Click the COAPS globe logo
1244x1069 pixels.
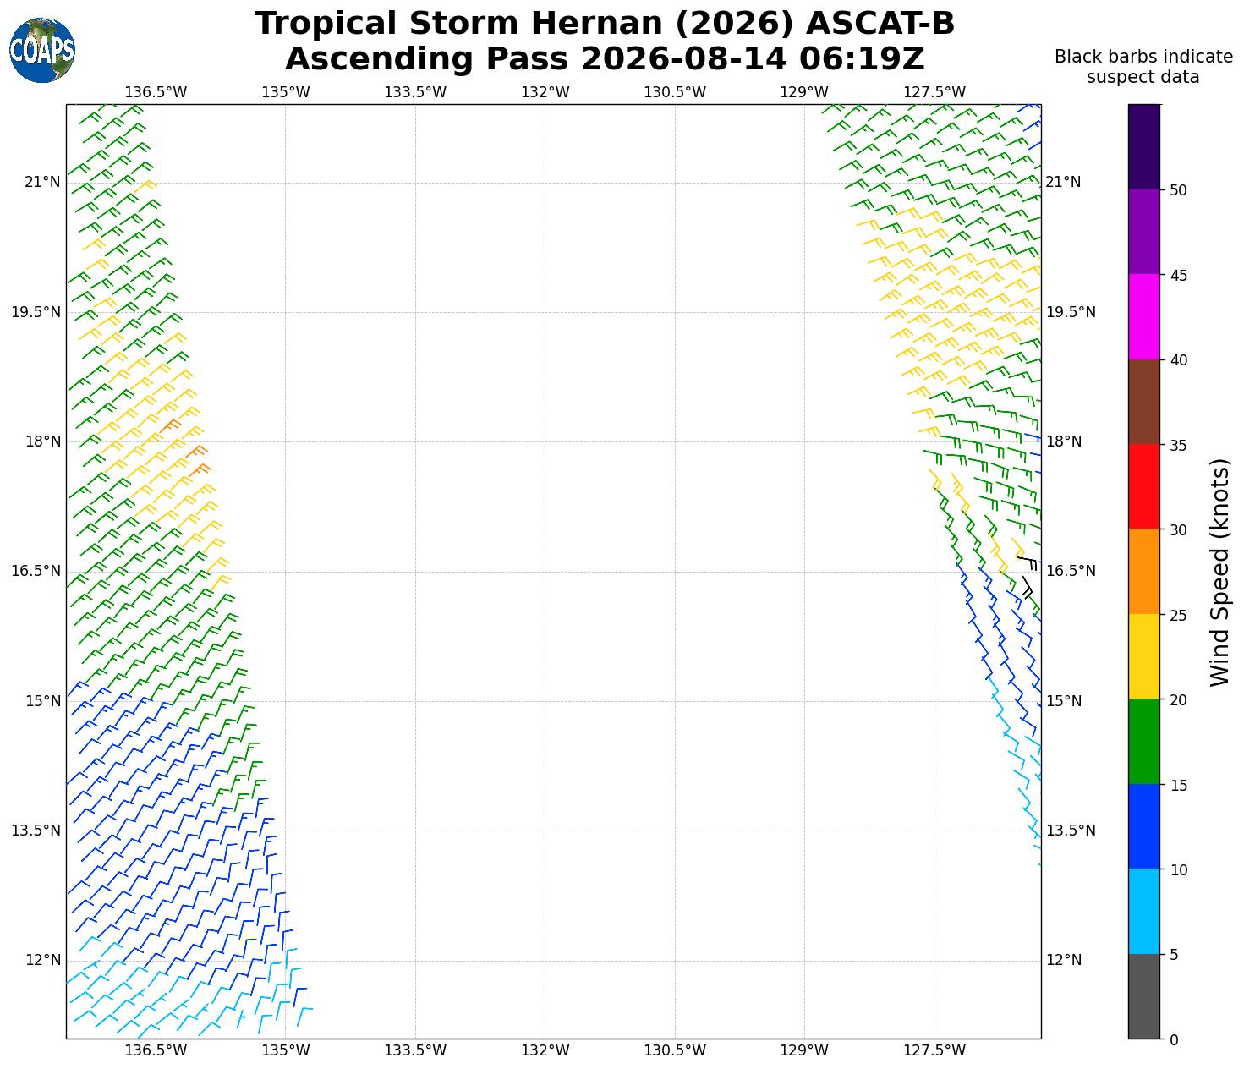pyautogui.click(x=42, y=50)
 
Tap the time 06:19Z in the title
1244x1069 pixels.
pyautogui.click(x=861, y=58)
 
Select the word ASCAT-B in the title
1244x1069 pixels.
pyautogui.click(x=880, y=24)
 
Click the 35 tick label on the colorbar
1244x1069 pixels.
pyautogui.click(x=1178, y=446)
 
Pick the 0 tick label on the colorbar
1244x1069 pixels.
pyautogui.click(x=1174, y=1039)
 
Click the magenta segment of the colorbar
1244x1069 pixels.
pyautogui.click(x=1143, y=316)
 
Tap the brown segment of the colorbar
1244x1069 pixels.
pyautogui.click(x=1143, y=402)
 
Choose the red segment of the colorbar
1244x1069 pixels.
pyautogui.click(x=1143, y=486)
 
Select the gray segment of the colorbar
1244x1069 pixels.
pyautogui.click(x=1143, y=996)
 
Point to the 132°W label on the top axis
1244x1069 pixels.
pyautogui.click(x=545, y=92)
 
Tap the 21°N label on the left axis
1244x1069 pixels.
pyautogui.click(x=42, y=182)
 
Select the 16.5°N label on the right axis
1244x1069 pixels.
pyautogui.click(x=1071, y=571)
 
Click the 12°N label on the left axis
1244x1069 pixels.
pyautogui.click(x=42, y=959)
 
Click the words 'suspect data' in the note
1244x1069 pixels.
pyautogui.click(x=1143, y=77)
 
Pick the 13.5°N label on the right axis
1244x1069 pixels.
pyautogui.click(x=1071, y=831)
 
